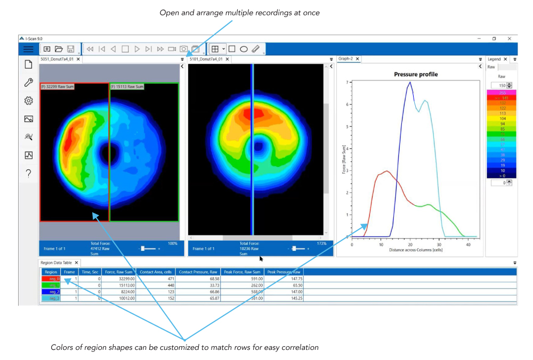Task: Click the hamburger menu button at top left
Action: click(x=28, y=49)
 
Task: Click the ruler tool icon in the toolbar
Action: click(x=256, y=49)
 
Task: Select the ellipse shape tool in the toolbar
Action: click(x=244, y=49)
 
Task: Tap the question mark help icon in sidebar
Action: click(x=28, y=173)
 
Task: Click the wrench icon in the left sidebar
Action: click(x=28, y=83)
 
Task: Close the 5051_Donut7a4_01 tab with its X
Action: click(x=78, y=59)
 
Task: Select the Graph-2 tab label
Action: click(x=346, y=59)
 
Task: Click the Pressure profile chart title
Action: click(x=416, y=75)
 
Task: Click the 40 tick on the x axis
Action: click(x=468, y=243)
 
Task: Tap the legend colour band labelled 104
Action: click(x=502, y=118)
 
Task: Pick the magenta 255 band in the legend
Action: click(x=502, y=92)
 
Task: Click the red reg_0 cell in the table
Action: click(x=51, y=279)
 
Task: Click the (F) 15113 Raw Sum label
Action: click(x=127, y=86)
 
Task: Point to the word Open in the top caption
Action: click(x=169, y=12)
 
